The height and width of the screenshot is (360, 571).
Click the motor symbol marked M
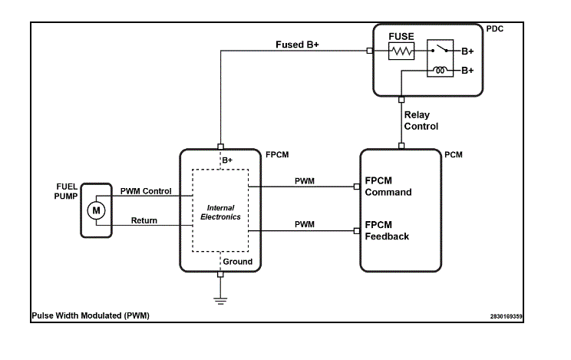96,210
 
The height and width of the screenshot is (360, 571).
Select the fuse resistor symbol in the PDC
401,51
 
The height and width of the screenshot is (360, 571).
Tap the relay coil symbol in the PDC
440,70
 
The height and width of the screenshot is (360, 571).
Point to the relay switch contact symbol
440,49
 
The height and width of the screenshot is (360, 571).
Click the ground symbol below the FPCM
220,301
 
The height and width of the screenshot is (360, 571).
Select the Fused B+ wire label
297,45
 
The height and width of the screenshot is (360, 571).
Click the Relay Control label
421,121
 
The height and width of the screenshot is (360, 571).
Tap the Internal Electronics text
220,213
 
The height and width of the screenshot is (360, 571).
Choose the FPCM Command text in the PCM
388,187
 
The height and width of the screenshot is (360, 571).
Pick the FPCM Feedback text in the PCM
387,230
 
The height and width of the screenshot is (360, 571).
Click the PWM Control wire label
146,191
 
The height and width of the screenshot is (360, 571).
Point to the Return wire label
144,220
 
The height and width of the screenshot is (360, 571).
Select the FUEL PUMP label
66,191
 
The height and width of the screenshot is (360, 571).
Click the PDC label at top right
495,29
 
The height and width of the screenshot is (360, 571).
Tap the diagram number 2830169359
507,316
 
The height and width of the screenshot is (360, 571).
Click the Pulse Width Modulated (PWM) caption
91,315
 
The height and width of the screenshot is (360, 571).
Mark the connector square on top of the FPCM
220,147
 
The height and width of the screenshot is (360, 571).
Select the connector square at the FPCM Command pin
357,187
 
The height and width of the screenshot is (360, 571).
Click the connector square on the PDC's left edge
370,51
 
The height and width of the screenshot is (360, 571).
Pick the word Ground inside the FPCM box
237,262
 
